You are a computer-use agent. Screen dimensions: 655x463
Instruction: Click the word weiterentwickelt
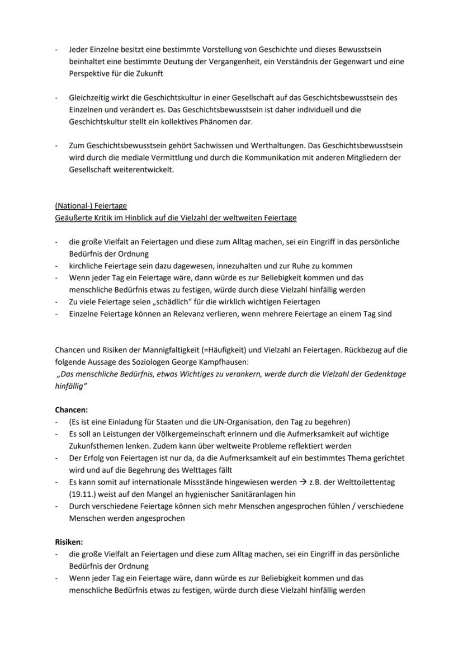click(145, 169)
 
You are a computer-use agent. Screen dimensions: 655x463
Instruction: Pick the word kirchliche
click(87, 266)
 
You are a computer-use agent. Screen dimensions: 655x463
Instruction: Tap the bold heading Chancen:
click(71, 410)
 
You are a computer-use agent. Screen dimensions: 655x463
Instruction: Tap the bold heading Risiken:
click(69, 542)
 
